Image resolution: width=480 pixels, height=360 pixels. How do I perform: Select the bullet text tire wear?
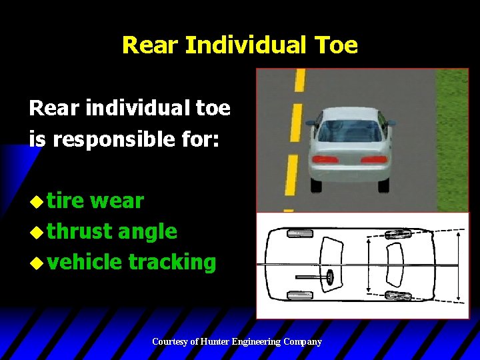tap(96, 200)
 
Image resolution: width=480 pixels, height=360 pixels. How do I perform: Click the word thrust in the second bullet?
tap(80, 231)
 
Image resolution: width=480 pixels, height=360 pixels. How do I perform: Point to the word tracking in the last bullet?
tap(172, 262)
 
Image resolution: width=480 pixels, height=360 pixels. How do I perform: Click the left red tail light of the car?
tap(325, 159)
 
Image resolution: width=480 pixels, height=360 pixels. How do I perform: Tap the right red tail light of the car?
tap(373, 159)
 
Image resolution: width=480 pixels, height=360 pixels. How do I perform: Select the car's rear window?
tap(349, 131)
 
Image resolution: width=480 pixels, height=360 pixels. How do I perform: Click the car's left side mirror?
tap(311, 123)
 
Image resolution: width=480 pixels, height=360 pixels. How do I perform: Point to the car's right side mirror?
tap(391, 123)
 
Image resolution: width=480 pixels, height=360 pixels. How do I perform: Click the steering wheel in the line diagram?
tap(330, 276)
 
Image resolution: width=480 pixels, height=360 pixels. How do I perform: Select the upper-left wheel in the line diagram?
tap(300, 233)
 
